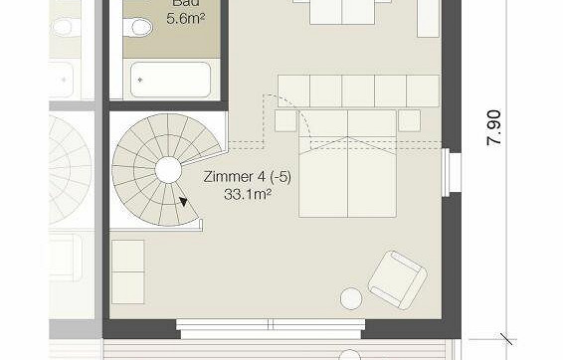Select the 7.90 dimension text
click(495, 127)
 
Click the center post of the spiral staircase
click(168, 170)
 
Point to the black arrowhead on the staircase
click(183, 201)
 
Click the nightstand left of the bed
click(285, 120)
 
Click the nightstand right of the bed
click(410, 120)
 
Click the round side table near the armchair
click(351, 297)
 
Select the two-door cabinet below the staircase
click(127, 270)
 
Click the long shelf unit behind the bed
click(358, 90)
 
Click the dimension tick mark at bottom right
click(506, 338)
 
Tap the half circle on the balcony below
click(350, 354)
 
